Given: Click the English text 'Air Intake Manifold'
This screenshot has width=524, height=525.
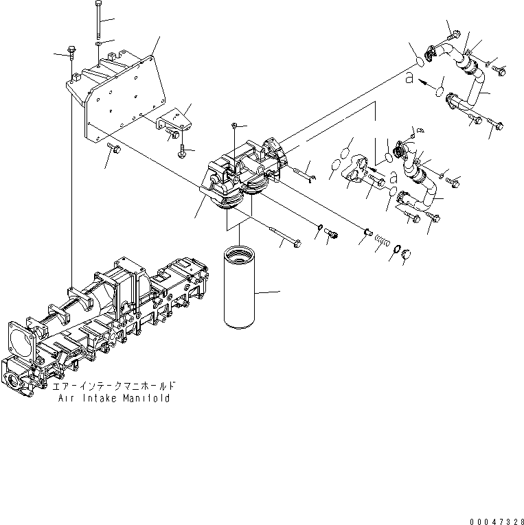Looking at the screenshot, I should click(114, 399).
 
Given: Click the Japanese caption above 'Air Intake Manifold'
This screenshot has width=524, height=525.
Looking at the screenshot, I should click(114, 387).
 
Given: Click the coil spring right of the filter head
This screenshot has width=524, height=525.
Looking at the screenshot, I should click(384, 242).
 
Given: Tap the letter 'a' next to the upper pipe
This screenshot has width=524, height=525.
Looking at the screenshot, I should click(410, 79).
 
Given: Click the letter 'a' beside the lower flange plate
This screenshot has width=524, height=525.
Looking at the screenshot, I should click(394, 177).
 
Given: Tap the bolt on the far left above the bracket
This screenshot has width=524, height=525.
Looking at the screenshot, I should click(71, 51).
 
